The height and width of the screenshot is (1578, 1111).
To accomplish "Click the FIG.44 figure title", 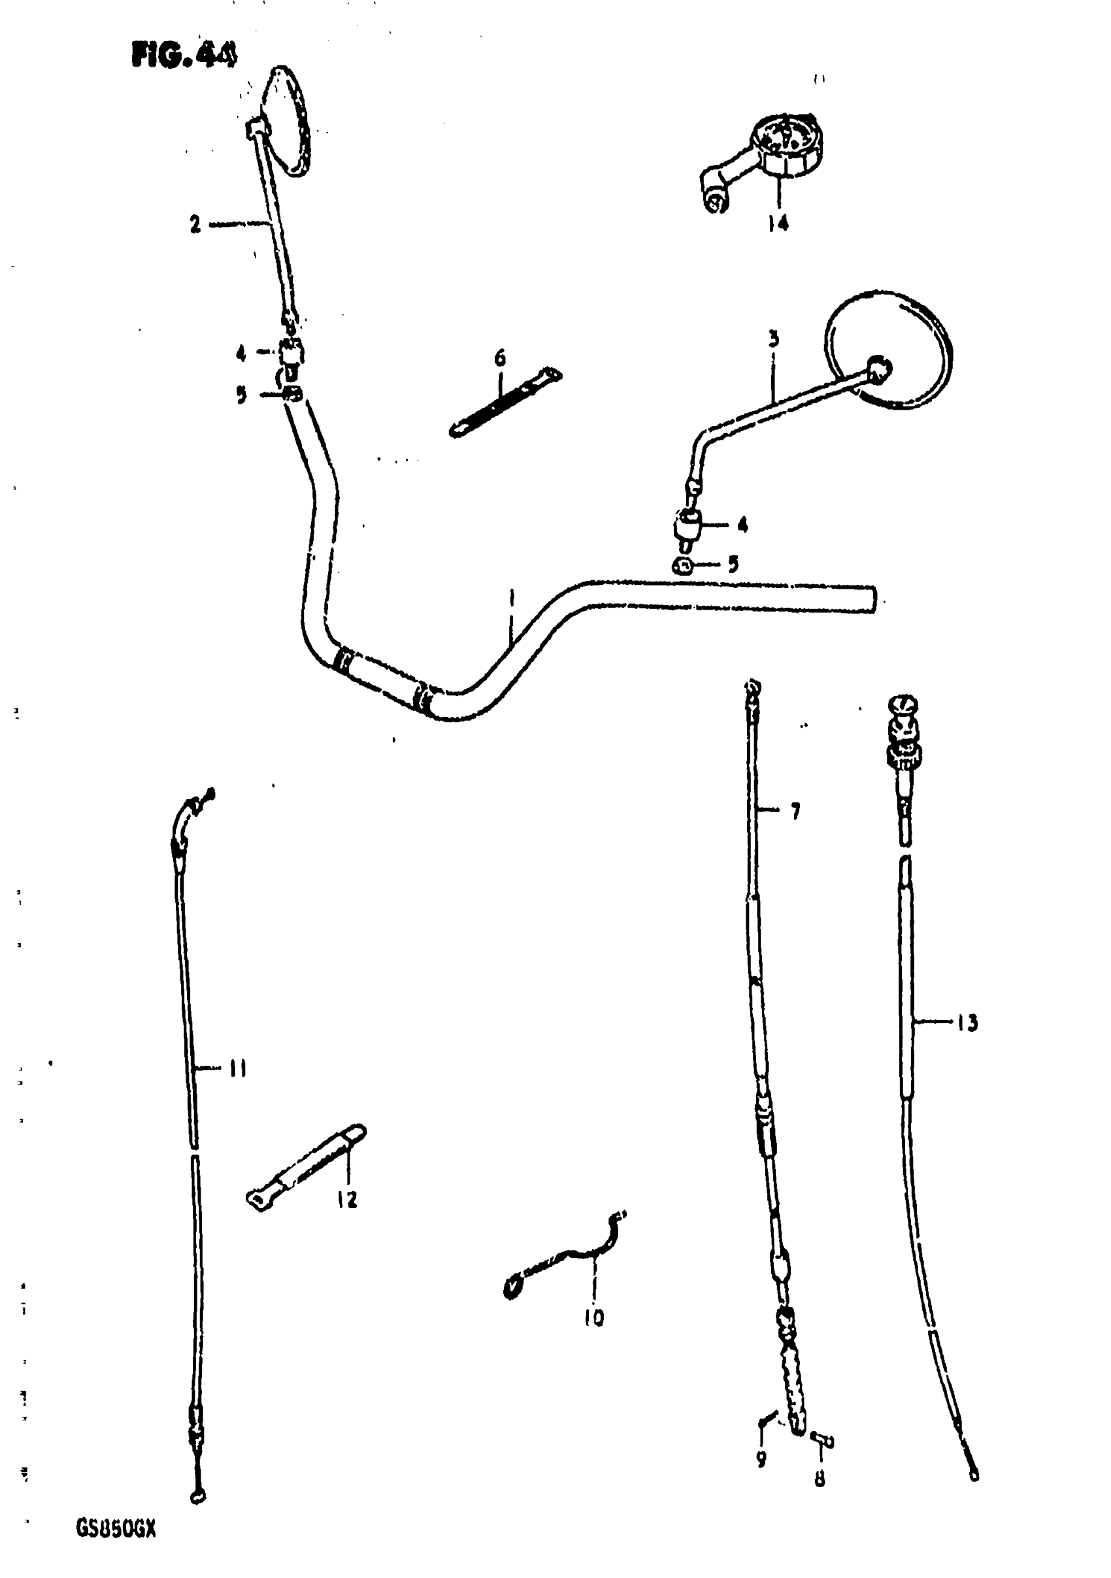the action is click(x=184, y=55).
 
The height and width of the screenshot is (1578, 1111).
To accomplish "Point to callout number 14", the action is click(x=778, y=223).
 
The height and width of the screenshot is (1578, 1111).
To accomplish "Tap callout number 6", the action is click(x=500, y=357).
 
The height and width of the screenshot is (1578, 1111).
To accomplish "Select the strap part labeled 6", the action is click(x=505, y=403).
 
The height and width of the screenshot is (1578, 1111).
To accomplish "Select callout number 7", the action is click(x=795, y=812).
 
